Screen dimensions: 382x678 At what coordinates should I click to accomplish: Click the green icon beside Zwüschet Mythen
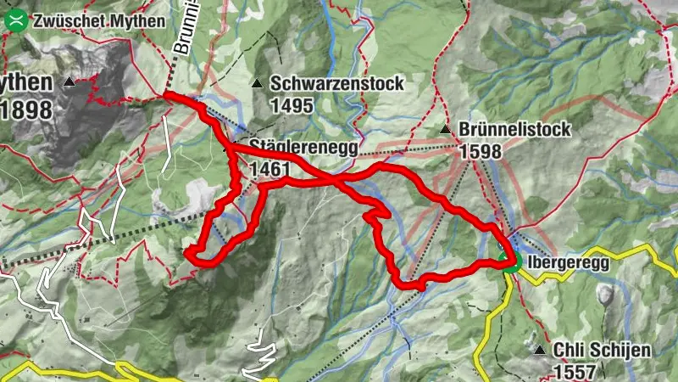click(x=14, y=21)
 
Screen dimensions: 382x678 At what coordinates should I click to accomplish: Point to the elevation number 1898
click(x=26, y=110)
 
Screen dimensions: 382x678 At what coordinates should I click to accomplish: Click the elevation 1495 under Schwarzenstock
click(x=292, y=106)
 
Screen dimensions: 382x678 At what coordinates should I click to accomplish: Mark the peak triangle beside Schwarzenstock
click(x=257, y=83)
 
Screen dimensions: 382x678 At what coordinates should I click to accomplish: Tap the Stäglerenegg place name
click(x=303, y=147)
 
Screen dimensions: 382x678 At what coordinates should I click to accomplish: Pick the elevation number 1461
click(x=270, y=170)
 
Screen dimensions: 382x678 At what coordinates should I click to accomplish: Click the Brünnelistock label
click(x=515, y=130)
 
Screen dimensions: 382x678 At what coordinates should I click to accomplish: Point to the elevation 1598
click(x=481, y=151)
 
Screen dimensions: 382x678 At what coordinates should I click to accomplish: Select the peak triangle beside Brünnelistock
click(x=446, y=130)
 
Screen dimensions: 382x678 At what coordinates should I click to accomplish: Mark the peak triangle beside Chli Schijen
click(x=539, y=350)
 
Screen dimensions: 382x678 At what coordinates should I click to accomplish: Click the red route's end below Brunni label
click(x=165, y=93)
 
